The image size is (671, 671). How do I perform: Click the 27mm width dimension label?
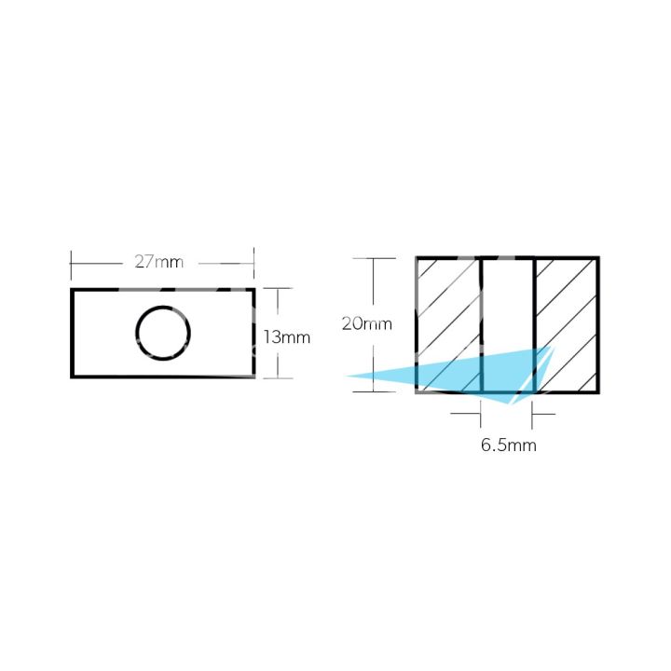click(x=158, y=262)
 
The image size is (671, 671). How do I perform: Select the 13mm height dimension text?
click(x=286, y=336)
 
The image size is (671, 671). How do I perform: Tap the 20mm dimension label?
click(x=366, y=324)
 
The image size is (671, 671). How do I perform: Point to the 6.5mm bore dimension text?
click(x=508, y=445)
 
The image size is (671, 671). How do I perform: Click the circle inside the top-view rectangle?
click(x=163, y=333)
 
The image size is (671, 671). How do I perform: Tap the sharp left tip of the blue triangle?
click(x=348, y=377)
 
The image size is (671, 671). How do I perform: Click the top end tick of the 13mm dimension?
click(x=277, y=289)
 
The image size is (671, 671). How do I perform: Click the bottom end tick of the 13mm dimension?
click(x=277, y=377)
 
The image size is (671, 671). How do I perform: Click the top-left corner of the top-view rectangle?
click(x=73, y=290)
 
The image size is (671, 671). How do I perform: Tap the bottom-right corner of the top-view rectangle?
click(x=253, y=377)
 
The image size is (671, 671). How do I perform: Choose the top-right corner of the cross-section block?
click(x=597, y=258)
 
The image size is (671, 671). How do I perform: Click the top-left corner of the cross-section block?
click(x=417, y=258)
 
